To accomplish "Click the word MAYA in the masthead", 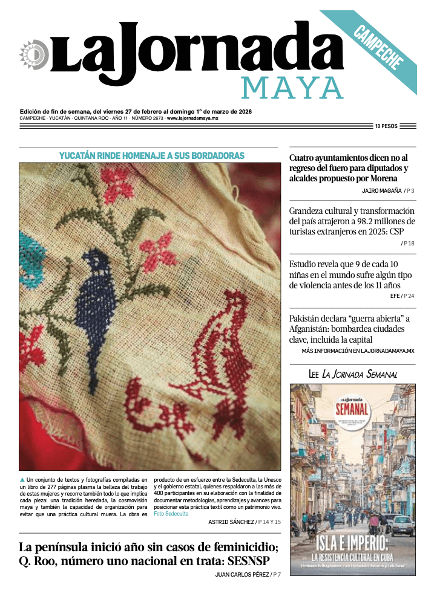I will pos(292,88).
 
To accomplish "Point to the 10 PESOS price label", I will pos(386,126).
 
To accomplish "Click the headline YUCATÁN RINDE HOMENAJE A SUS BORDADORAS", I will pos(151,156).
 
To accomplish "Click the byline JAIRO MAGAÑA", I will pos(381,190).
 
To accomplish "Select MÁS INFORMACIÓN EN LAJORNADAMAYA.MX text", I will pos(358,351).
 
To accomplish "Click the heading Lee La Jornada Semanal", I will pos(352,375).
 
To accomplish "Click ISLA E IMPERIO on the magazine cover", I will pos(353,541).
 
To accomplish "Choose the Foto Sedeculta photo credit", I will pos(171,513).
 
